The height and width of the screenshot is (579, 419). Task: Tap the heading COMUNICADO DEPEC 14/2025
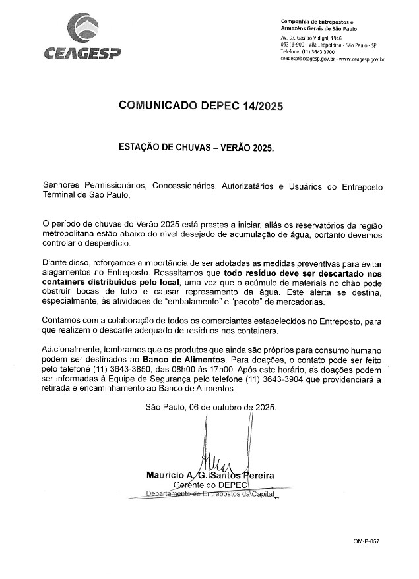point(201,105)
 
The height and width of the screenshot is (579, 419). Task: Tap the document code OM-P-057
point(366,541)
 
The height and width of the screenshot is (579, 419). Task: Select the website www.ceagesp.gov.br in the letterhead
point(359,59)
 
